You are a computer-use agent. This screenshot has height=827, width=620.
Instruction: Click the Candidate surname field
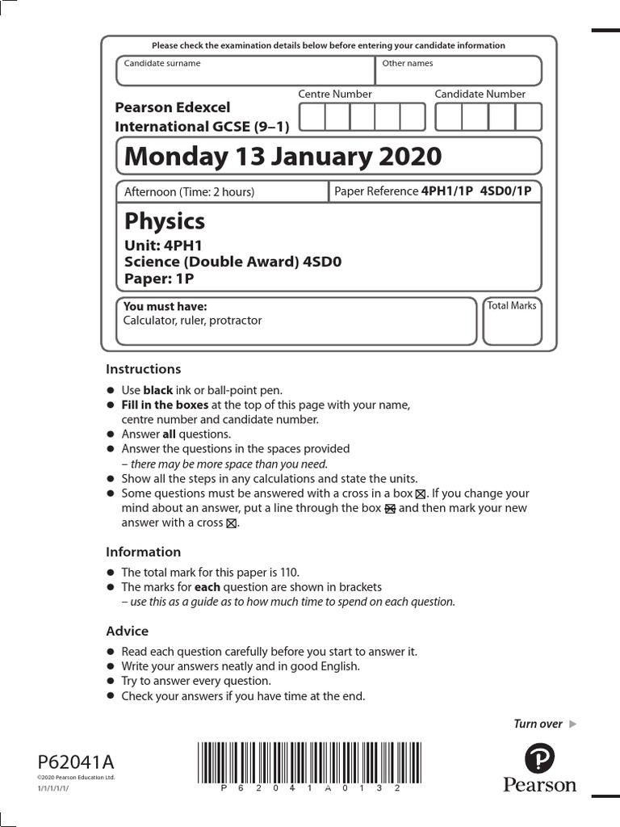(x=245, y=71)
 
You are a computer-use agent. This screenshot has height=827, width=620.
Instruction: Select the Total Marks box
(x=512, y=321)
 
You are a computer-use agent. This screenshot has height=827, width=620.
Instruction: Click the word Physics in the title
(x=165, y=221)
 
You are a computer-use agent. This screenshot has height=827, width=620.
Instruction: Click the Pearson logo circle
(x=539, y=759)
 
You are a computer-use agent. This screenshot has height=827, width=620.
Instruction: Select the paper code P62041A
(x=76, y=762)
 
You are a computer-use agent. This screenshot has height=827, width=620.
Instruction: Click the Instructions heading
(x=143, y=369)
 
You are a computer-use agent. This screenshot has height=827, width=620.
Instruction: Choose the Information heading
(x=143, y=552)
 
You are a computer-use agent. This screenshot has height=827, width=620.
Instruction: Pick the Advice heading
(x=127, y=631)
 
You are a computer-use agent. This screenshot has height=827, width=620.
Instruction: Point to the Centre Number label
(x=335, y=94)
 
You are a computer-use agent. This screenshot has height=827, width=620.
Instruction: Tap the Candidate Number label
(x=480, y=94)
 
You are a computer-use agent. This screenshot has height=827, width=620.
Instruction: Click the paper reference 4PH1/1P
(x=447, y=191)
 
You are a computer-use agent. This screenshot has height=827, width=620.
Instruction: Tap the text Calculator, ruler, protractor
(x=192, y=321)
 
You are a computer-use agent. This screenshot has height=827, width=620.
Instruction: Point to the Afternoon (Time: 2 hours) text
(x=189, y=191)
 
